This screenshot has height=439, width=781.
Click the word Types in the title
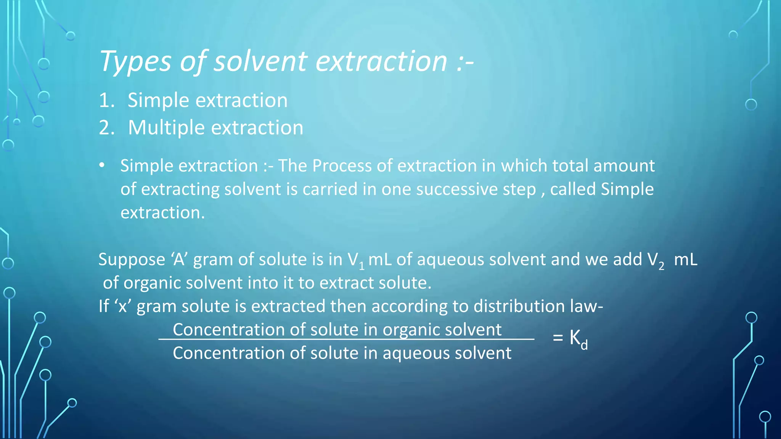pos(135,62)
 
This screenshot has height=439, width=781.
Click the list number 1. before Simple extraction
pos(106,101)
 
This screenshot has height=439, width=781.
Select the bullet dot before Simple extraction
pos(101,165)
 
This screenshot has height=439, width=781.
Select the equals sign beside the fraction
pos(558,338)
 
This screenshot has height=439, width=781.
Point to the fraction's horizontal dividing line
pos(346,339)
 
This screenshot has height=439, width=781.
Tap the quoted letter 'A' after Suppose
pos(179,260)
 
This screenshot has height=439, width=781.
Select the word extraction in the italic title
pos(381,62)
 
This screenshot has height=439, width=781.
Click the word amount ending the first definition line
pos(624,166)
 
